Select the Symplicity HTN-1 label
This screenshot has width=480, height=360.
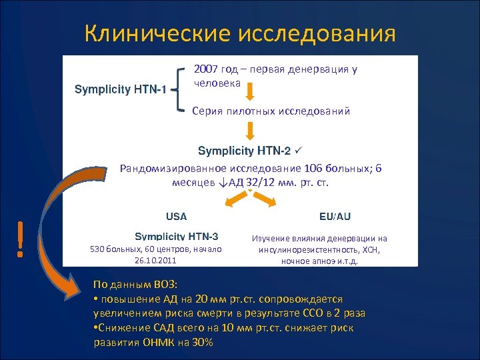point(121,89)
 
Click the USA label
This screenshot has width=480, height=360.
point(176,217)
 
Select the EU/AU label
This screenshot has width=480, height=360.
point(335,217)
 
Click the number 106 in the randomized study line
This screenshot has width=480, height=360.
point(312,169)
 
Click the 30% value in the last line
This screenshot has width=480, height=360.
point(200,342)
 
